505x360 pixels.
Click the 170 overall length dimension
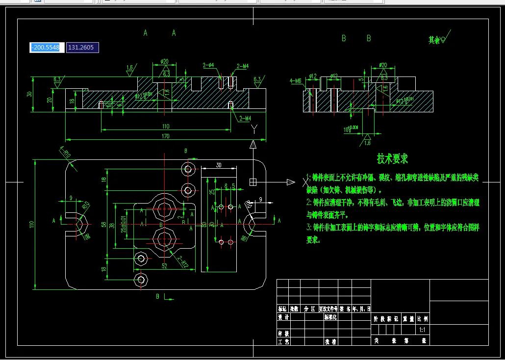point(165,136)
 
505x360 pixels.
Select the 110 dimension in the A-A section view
point(165,127)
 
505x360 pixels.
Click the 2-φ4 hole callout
point(209,65)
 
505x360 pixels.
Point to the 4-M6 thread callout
point(295,80)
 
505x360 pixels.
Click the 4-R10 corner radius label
point(64,153)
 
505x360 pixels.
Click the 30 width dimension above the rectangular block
point(219,165)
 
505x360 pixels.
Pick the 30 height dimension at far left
point(29,94)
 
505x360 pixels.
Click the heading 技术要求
point(392,158)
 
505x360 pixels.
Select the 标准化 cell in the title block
point(330,317)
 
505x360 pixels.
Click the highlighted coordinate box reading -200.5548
point(47,47)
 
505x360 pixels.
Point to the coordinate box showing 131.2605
point(82,47)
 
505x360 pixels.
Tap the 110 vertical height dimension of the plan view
point(32,225)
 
